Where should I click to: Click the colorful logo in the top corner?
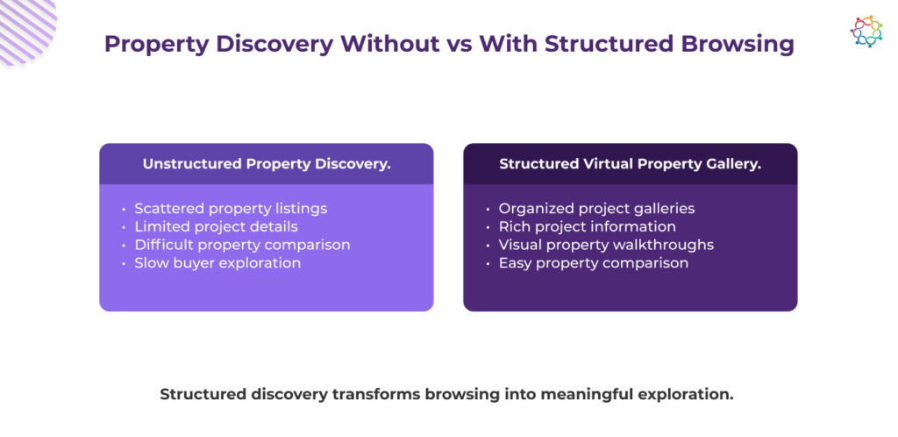[x=866, y=31]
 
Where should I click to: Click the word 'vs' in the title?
[x=460, y=44]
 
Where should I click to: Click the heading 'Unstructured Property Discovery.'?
[x=267, y=164]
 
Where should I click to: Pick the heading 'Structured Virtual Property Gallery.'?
[x=630, y=164]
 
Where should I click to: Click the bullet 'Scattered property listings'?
[x=231, y=209]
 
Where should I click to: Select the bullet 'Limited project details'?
[x=216, y=226]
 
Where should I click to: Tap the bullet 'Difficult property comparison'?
[x=242, y=245]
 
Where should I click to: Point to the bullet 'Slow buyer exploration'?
[x=217, y=263]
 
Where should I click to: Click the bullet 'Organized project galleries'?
[x=596, y=209]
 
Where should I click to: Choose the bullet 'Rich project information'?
[x=587, y=226]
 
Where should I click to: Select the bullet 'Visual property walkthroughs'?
[x=606, y=245]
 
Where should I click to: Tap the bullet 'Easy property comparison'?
[x=594, y=263]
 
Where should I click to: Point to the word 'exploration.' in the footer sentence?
[x=688, y=395]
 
